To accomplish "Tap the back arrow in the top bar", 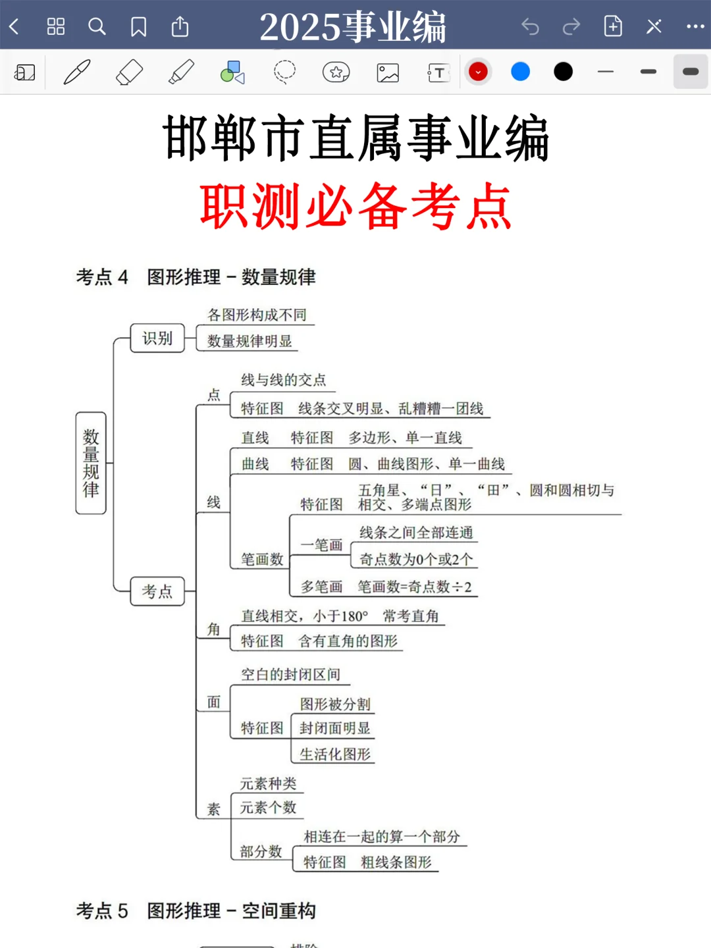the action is point(14,26).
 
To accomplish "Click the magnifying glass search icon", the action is point(97,26).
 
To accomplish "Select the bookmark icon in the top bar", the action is point(138,26).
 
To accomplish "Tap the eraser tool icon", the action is point(129,72).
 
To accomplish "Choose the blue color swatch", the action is point(520,72).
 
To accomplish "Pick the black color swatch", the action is point(563,72).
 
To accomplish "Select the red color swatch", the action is point(478,72).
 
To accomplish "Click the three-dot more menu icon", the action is point(695,26).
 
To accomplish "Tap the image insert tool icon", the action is point(388,72).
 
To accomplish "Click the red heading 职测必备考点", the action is point(355,207).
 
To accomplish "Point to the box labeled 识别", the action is point(157,338).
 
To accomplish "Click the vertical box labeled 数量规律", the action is point(91,463).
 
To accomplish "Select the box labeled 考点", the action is point(157,591).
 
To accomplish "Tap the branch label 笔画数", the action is point(262,560).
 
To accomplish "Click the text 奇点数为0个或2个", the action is point(416,560).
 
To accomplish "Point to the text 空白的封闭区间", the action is point(290,675).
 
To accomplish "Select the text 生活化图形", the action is point(335,754).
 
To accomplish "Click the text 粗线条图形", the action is point(396,862).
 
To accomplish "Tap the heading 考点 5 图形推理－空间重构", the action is point(196,911).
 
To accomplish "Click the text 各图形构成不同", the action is point(257,315).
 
